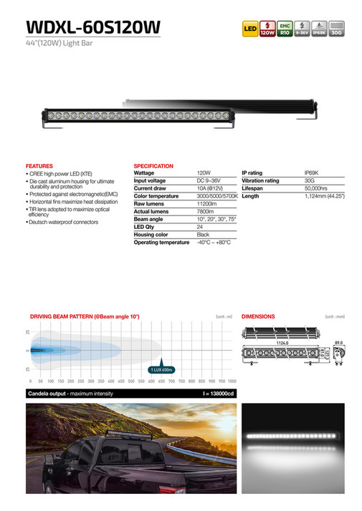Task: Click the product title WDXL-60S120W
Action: click(x=93, y=27)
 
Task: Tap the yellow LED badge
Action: click(x=250, y=29)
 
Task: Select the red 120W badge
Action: click(x=267, y=29)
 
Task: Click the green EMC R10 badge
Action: click(x=284, y=29)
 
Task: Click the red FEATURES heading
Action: click(x=39, y=166)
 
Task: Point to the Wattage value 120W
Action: click(x=203, y=173)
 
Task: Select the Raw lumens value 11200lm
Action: click(x=206, y=204)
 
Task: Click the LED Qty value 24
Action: click(x=200, y=227)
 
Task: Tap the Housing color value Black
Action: click(x=203, y=235)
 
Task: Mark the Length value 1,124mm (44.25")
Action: click(x=325, y=196)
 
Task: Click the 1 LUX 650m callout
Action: click(x=161, y=369)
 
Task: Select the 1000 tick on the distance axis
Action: click(x=231, y=382)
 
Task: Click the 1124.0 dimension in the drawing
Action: click(x=282, y=342)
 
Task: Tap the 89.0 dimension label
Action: click(x=339, y=342)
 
